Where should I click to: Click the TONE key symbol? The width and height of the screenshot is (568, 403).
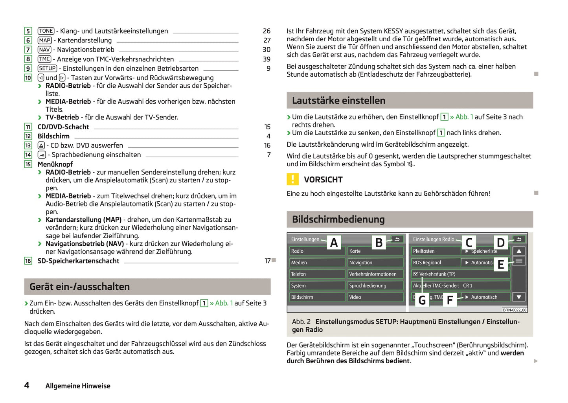tap(46, 31)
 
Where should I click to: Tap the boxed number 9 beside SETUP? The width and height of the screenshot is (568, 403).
tap(28, 68)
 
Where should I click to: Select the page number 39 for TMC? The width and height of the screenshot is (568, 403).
tap(267, 59)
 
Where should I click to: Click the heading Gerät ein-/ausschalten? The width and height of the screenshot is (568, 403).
tap(80, 287)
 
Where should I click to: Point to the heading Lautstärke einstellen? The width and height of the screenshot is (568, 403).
tap(338, 101)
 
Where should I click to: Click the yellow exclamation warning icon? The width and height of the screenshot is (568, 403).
tap(292, 179)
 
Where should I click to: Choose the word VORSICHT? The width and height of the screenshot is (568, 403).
tap(323, 180)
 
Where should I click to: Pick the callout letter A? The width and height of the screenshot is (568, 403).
tap(334, 243)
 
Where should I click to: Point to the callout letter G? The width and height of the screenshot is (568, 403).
tap(422, 300)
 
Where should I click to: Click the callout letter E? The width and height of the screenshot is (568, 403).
tap(500, 265)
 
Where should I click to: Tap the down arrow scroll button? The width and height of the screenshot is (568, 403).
tap(519, 297)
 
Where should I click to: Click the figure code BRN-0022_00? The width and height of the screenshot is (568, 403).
tap(514, 310)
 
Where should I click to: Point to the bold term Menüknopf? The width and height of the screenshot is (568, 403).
tap(55, 164)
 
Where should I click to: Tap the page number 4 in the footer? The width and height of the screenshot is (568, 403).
tap(27, 385)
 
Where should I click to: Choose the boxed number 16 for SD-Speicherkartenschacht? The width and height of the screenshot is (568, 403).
tap(28, 261)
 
